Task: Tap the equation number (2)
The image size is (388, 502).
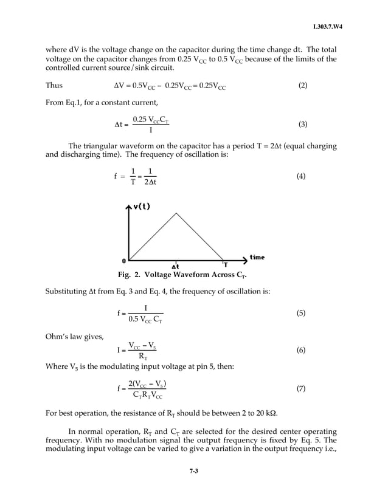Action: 303,86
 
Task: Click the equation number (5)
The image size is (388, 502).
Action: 300,314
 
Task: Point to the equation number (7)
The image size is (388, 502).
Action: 300,388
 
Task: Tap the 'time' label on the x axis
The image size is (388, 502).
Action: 257,257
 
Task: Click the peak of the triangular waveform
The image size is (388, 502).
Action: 176,213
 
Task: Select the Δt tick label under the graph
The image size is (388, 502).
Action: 176,266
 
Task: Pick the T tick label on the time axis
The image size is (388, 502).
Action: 225,265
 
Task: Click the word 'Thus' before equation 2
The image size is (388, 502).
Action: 55,86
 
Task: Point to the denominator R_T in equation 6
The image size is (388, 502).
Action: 142,357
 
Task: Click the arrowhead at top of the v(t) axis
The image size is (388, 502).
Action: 128,207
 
